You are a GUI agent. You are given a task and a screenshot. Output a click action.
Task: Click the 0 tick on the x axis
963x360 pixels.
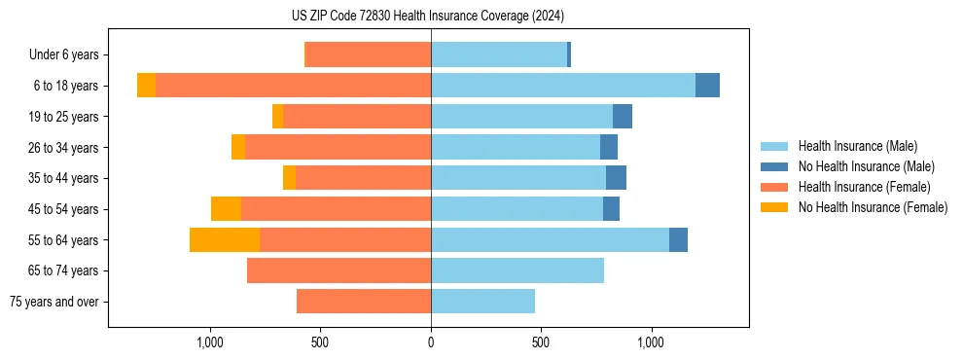point(431,342)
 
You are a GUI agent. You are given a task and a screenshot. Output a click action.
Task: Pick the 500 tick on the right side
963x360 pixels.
point(541,342)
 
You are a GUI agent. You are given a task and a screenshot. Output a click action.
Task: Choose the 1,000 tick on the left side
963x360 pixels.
point(210,342)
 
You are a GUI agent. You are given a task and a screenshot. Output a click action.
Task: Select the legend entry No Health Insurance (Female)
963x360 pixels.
point(873,207)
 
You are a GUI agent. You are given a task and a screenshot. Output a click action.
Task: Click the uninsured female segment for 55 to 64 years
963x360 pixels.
point(225,239)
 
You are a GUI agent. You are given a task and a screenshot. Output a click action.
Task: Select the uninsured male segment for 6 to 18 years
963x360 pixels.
point(707,86)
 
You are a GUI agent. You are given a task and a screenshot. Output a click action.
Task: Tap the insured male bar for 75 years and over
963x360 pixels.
point(482,302)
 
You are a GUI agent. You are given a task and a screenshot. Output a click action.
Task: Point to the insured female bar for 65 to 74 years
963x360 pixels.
point(339,270)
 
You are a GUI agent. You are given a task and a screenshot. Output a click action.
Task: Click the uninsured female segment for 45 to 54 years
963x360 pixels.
point(226,209)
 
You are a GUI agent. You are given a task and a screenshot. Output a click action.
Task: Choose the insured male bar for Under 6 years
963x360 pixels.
point(498,55)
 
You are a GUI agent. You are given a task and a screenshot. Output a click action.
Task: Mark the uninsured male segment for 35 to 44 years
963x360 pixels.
point(616,178)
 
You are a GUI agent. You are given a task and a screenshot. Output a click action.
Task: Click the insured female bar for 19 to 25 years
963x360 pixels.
point(357,117)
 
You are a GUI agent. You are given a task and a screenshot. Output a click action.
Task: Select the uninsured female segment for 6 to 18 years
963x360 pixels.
point(146,86)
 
